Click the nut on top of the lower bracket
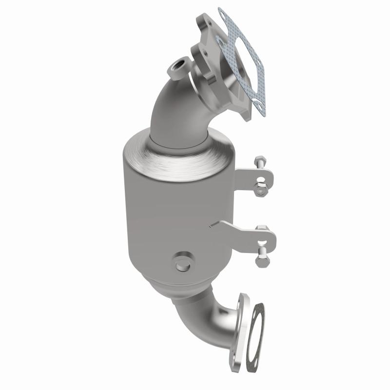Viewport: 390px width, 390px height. coord(262,229)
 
